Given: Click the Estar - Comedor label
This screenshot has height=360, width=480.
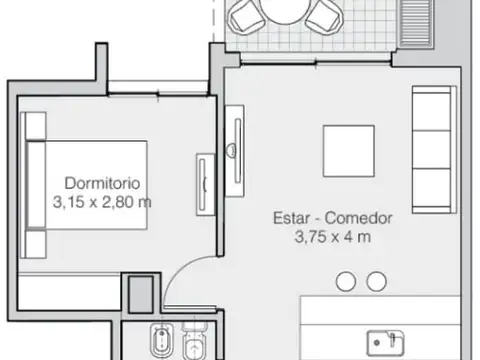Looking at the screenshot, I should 333,218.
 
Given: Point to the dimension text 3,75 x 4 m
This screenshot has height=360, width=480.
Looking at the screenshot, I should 333,237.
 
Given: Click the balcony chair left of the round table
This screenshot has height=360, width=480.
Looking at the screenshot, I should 244,16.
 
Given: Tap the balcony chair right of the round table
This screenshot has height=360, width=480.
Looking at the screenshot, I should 322,16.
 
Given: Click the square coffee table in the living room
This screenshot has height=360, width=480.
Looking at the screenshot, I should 348,149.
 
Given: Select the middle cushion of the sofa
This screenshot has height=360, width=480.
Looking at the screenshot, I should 432,142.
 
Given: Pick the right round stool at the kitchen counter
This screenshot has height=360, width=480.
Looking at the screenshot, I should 376,282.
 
